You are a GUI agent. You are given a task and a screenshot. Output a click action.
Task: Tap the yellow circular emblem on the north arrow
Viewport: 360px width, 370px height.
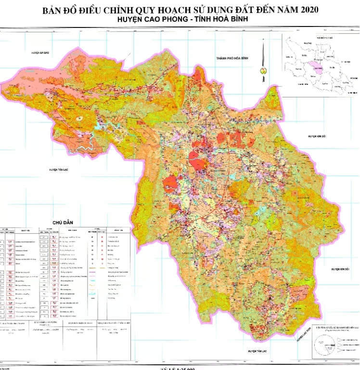(x=263, y=70)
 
